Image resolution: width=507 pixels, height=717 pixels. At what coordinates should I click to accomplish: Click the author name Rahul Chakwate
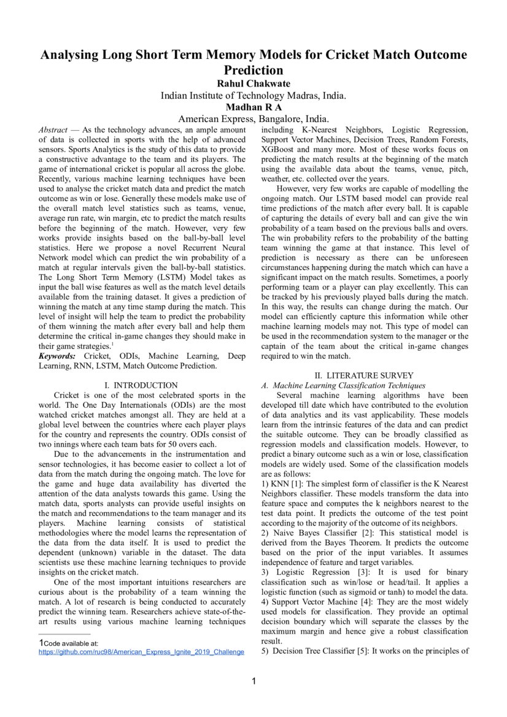point(253,83)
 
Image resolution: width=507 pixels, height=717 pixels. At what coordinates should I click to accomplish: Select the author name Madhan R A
point(253,107)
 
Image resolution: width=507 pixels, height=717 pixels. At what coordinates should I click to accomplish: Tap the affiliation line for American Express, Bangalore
point(253,118)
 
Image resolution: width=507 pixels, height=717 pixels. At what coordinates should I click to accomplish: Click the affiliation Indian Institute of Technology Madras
point(253,95)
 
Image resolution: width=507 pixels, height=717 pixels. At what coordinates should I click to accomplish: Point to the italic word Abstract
point(53,130)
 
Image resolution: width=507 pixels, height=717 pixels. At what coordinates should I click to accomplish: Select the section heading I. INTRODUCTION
point(141,385)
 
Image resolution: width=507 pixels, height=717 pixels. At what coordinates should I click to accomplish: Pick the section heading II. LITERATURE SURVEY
point(364,375)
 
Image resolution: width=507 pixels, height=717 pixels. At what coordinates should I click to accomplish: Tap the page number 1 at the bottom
point(253,681)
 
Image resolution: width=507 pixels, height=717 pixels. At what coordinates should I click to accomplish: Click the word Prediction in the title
point(253,70)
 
